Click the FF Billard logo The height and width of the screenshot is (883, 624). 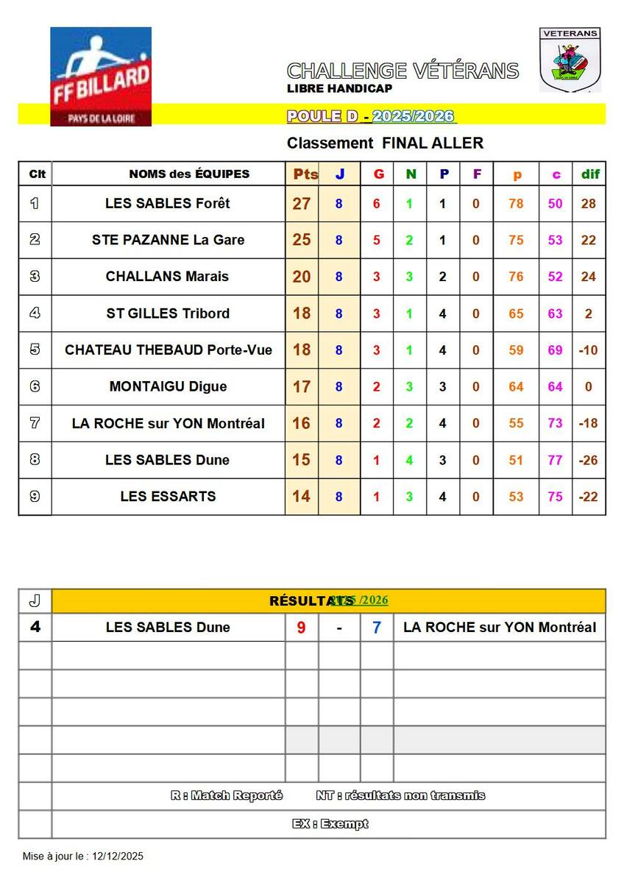[x=101, y=76]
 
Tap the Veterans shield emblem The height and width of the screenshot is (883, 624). [x=570, y=60]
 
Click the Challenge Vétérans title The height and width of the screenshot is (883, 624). [x=403, y=71]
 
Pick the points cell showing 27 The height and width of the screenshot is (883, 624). [x=302, y=203]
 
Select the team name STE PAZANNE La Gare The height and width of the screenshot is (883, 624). [x=168, y=240]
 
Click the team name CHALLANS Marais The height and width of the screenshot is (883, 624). [x=167, y=277]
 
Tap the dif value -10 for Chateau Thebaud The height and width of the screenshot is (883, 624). [x=588, y=350]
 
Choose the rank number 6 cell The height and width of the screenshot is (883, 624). [x=35, y=386]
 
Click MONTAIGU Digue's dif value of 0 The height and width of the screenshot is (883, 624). [x=588, y=386]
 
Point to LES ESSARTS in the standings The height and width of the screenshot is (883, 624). [x=168, y=497]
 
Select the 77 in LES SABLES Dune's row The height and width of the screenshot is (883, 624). [x=556, y=461]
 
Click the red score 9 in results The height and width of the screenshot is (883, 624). [x=301, y=628]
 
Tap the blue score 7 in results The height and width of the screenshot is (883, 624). [x=377, y=628]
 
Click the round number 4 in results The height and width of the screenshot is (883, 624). [x=35, y=628]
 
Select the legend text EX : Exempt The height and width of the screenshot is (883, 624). [x=330, y=824]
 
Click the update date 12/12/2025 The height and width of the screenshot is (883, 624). [x=118, y=857]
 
